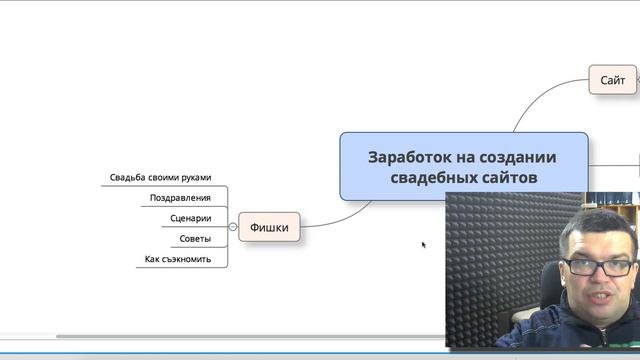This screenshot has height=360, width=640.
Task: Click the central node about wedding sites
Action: (462, 166)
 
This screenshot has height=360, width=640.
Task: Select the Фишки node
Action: (269, 227)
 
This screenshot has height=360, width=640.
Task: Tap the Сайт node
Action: (612, 79)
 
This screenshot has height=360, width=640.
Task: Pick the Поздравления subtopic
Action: (180, 198)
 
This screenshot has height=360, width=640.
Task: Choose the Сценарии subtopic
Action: (189, 218)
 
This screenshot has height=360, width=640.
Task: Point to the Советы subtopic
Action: (195, 239)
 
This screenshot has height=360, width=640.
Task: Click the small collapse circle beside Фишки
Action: (233, 227)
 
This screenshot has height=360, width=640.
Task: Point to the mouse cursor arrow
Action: (424, 244)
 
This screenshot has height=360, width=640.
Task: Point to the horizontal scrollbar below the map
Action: (250, 337)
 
